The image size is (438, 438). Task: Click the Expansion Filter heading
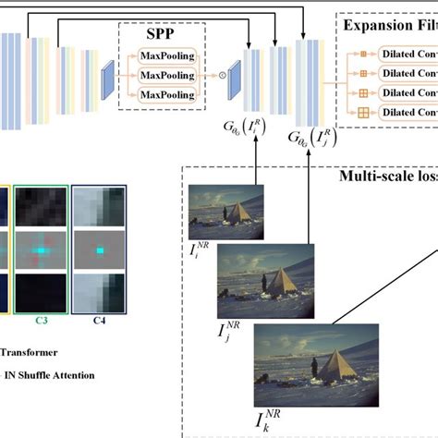point(389,25)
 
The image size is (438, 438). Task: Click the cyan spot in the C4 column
point(99,249)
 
